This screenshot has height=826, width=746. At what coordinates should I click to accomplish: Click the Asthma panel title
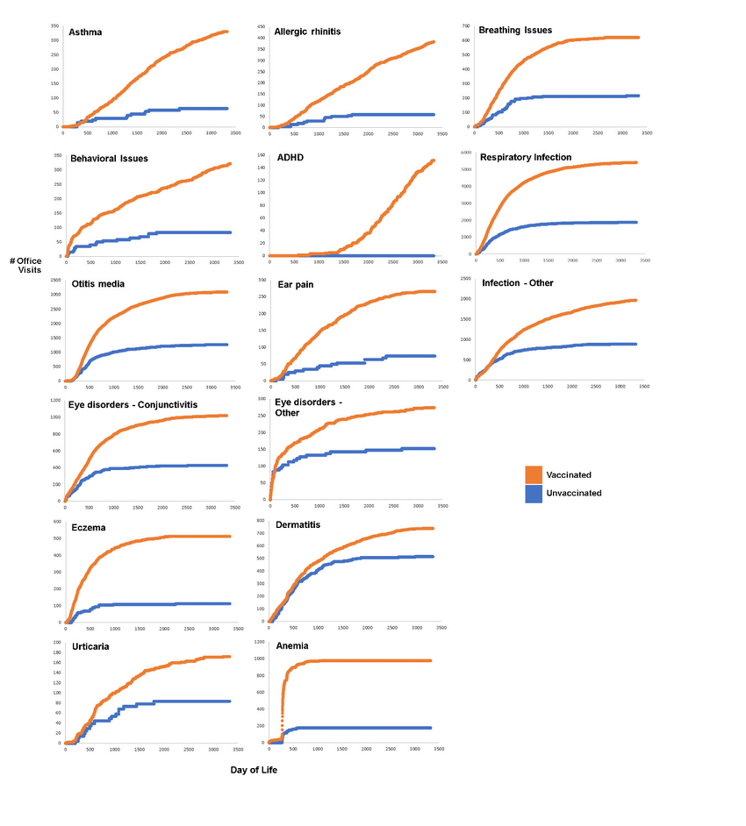[x=85, y=33]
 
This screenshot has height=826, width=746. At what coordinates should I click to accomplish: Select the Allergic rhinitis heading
[x=307, y=32]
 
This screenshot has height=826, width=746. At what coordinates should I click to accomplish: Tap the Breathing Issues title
[x=515, y=31]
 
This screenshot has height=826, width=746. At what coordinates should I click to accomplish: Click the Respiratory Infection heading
[x=526, y=158]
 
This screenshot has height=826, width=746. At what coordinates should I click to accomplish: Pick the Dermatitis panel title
[x=298, y=524]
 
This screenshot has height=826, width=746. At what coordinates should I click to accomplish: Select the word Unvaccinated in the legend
[x=574, y=494]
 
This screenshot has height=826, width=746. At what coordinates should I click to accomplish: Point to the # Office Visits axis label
[x=26, y=266]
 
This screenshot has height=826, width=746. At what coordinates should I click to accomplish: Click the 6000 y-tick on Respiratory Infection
[x=466, y=152]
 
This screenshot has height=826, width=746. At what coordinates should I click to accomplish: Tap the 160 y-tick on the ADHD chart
[x=260, y=155]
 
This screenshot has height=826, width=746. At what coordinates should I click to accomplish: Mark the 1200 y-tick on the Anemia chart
[x=260, y=643]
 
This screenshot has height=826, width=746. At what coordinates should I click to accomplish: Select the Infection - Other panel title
[x=517, y=283]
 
